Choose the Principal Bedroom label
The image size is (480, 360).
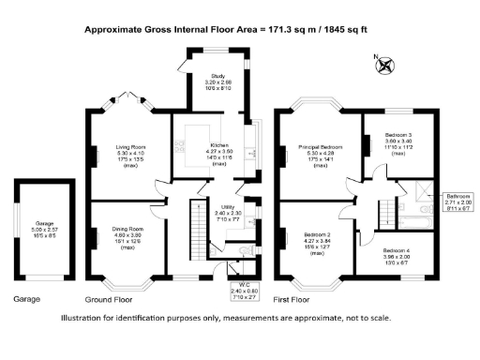(x=317, y=147)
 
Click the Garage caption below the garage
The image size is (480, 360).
(x=27, y=300)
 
